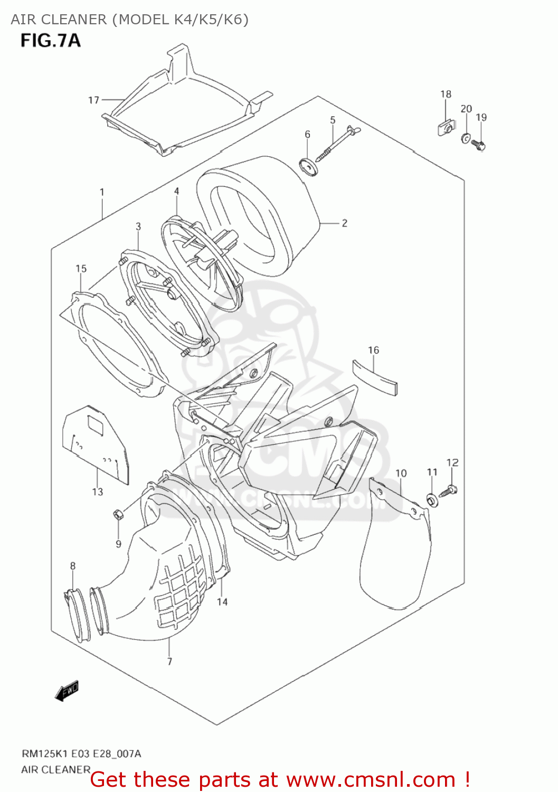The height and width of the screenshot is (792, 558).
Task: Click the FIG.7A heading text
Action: coord(51,41)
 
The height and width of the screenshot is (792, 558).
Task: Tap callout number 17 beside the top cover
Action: coord(93,100)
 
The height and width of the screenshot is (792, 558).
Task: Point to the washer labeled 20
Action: coord(466,138)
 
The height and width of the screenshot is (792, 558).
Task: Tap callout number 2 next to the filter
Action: coord(344,223)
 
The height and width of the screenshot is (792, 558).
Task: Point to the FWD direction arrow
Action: coord(67,690)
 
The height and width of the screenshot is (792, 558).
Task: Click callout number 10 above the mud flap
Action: coord(401,473)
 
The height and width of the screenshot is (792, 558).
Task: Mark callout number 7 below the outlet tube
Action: coord(169,661)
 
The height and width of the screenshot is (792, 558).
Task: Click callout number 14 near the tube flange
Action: coord(222,601)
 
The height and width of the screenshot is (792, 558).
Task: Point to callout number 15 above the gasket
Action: coord(81,269)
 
